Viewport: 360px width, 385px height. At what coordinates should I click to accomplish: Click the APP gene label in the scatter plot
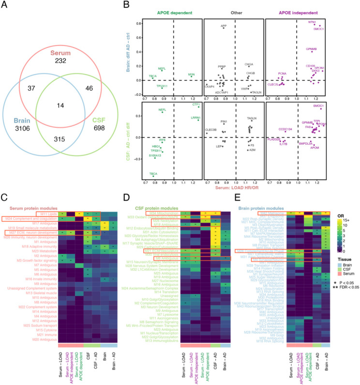coord(224,24)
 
